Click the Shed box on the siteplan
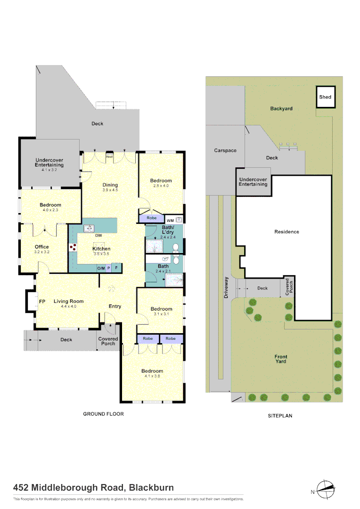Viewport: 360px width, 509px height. [325, 97]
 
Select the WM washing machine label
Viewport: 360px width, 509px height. [170, 220]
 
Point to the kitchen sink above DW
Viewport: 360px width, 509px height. [90, 229]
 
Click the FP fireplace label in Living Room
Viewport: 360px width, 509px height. [42, 301]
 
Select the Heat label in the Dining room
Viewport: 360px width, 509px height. [109, 156]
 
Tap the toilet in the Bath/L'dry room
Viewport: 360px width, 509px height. [176, 246]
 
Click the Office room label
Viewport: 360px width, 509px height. [41, 247]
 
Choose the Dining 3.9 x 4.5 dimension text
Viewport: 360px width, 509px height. [110, 190]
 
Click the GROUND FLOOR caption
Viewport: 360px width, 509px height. [103, 414]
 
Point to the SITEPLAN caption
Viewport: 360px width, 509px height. [280, 416]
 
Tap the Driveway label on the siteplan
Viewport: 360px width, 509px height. [227, 287]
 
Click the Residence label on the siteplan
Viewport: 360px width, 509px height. [286, 232]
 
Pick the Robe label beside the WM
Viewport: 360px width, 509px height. [151, 218]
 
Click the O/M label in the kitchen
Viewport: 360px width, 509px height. [101, 268]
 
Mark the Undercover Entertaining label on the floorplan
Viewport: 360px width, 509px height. [49, 163]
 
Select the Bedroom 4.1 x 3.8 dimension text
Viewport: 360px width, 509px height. [152, 377]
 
